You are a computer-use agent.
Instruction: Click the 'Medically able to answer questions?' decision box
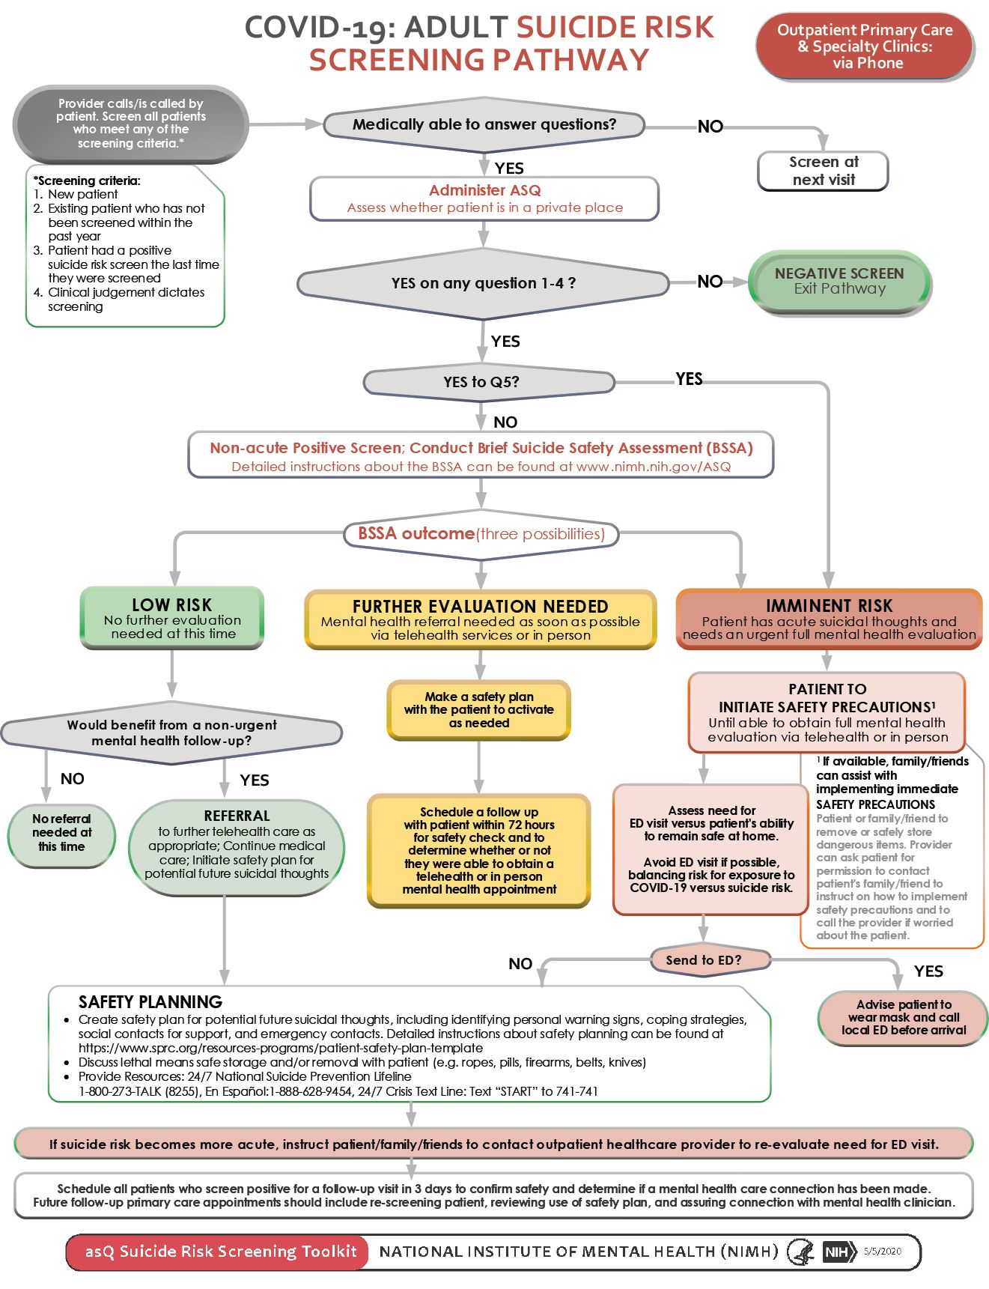point(484,125)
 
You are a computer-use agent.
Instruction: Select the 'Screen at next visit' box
point(823,171)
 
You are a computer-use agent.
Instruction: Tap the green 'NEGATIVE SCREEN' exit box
point(839,282)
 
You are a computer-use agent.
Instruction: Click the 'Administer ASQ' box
point(484,198)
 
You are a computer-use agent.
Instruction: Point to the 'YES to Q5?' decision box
point(488,382)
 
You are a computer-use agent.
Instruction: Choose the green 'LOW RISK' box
point(172,618)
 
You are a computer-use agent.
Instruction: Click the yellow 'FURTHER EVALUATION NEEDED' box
point(480,619)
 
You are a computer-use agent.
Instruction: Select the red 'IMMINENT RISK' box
point(829,619)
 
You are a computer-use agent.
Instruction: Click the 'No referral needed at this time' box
point(61,833)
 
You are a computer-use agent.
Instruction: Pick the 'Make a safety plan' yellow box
point(479,709)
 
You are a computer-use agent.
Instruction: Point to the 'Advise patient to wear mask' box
point(904,1017)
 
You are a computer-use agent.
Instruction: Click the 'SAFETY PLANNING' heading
point(150,1001)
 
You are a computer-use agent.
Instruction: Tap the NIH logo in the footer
point(839,1252)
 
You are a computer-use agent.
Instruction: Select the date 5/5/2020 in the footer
point(883,1251)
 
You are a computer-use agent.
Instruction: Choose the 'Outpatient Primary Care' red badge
point(865,46)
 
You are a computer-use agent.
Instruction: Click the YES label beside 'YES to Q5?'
point(689,378)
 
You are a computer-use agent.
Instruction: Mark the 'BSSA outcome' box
point(481,534)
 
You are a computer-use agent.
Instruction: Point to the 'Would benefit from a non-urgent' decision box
point(171,733)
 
